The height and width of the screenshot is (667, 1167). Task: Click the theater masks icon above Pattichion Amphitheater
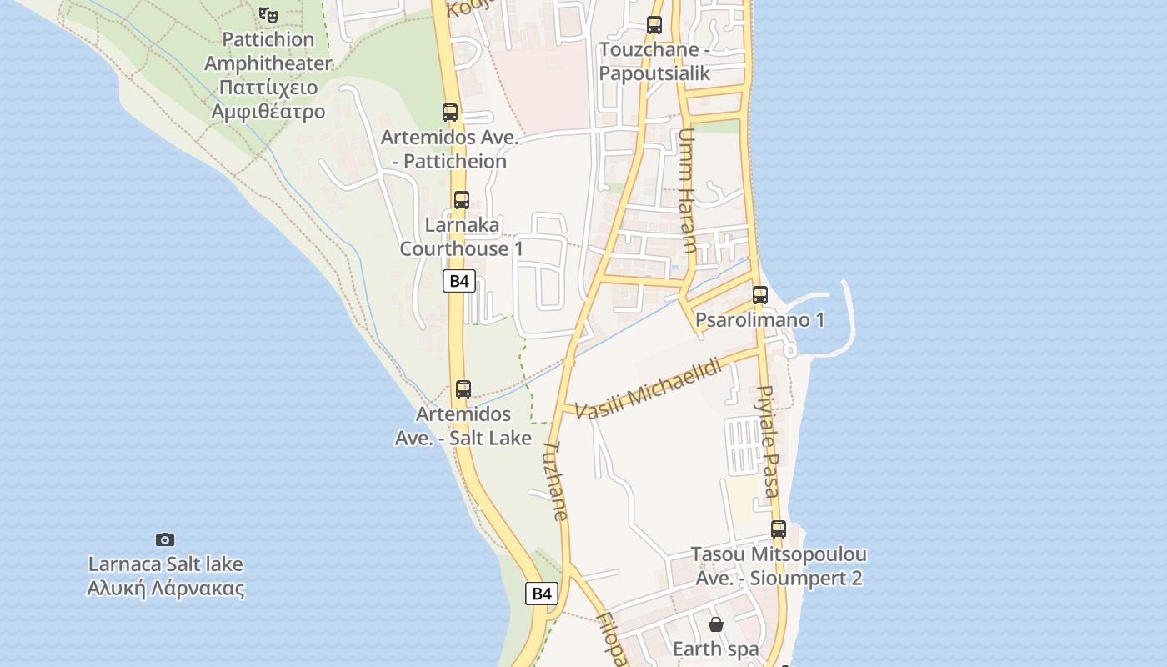pyautogui.click(x=268, y=14)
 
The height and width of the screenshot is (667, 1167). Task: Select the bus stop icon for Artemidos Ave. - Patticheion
pyautogui.click(x=450, y=112)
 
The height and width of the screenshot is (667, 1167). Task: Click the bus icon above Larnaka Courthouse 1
pyautogui.click(x=462, y=200)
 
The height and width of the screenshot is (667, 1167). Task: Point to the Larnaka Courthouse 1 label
pyautogui.click(x=462, y=237)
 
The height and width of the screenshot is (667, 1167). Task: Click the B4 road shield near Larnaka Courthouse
pyautogui.click(x=459, y=281)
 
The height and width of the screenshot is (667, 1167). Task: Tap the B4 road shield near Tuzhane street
pyautogui.click(x=542, y=594)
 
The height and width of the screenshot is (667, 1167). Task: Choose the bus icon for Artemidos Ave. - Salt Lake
pyautogui.click(x=463, y=389)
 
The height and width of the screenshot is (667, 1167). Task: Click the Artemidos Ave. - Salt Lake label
pyautogui.click(x=463, y=425)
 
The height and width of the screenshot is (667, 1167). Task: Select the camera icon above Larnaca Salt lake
pyautogui.click(x=165, y=539)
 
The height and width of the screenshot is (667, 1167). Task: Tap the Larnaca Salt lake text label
pyautogui.click(x=166, y=576)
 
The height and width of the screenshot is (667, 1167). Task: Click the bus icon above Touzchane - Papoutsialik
pyautogui.click(x=654, y=25)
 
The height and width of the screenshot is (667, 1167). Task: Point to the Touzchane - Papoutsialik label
pyautogui.click(x=654, y=61)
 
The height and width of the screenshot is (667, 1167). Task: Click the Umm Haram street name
pyautogui.click(x=687, y=190)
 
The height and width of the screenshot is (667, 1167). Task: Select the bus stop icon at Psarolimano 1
pyautogui.click(x=760, y=294)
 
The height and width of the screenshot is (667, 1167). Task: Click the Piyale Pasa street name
pyautogui.click(x=769, y=441)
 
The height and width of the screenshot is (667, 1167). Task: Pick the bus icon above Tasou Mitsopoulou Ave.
pyautogui.click(x=779, y=529)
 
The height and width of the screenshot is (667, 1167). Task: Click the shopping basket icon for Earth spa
pyautogui.click(x=715, y=624)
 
